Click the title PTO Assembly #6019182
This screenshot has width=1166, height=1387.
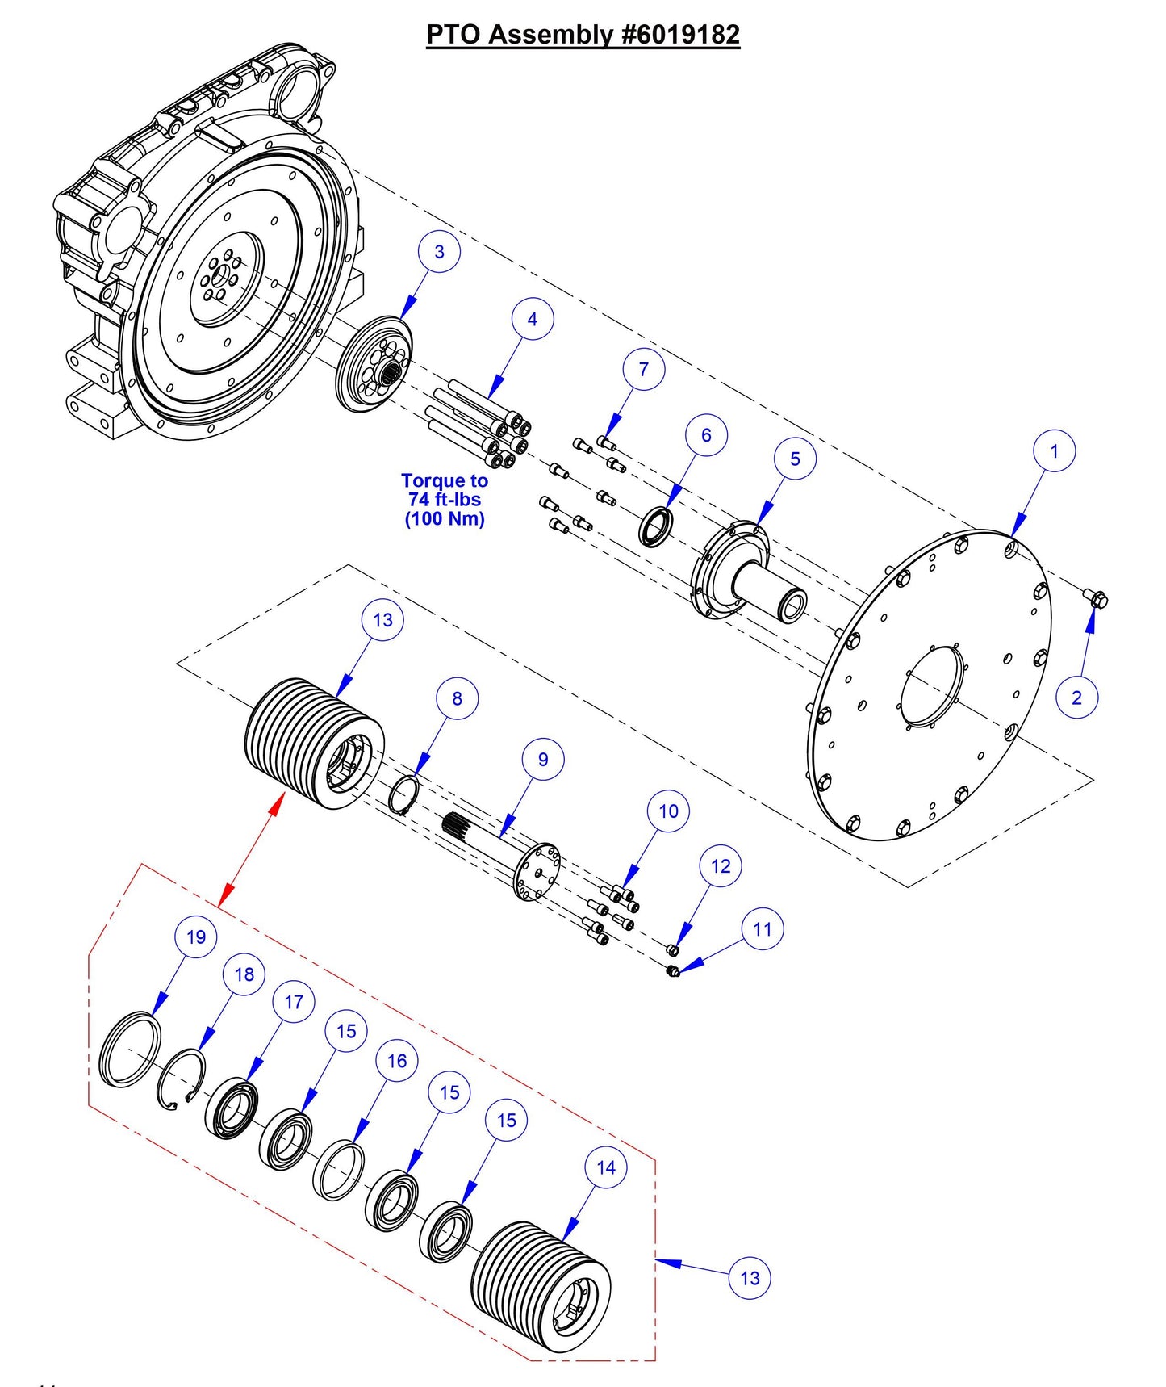pos(583,34)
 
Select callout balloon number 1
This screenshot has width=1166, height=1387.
pos(1054,451)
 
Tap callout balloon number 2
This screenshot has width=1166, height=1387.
pos(1076,698)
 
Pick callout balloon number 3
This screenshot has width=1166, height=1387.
pos(439,252)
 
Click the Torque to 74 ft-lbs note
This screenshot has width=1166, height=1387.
pos(445,500)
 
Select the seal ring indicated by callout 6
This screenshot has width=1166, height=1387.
pos(654,526)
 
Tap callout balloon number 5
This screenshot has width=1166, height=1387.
pos(795,459)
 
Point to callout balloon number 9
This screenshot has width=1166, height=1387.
pos(543,760)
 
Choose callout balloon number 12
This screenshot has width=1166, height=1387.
pos(721,866)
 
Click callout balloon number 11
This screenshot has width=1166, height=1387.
pos(763,929)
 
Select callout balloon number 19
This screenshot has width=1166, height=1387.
pos(196,937)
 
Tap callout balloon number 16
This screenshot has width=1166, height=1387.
pos(397,1061)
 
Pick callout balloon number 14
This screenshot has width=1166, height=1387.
pos(606,1167)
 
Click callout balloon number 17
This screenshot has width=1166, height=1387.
pos(294,1002)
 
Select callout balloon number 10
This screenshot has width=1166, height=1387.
pos(669,811)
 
